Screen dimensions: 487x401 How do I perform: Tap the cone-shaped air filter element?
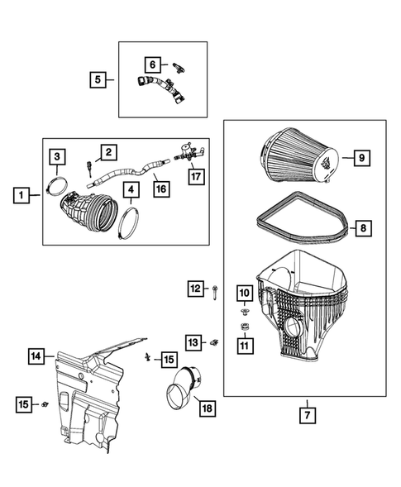tap(298, 156)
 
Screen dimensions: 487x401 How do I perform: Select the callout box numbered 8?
tap(360, 226)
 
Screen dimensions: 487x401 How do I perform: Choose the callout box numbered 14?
tap(36, 357)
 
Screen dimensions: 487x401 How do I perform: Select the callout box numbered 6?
tap(152, 63)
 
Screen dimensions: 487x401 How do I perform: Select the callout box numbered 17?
tap(194, 176)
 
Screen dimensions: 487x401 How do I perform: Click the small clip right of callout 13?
tap(214, 341)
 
